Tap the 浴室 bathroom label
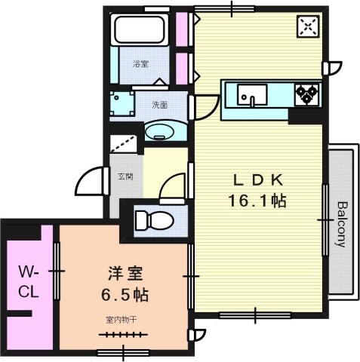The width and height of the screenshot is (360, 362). click(140, 64)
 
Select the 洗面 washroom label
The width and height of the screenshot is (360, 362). click(159, 105)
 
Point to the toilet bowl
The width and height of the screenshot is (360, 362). click(153, 220)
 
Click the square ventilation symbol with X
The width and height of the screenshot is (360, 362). click(307, 27)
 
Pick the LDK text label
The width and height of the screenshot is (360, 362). click(258, 180)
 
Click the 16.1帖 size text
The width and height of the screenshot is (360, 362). click(258, 201)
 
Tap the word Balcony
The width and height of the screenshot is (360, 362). click(342, 224)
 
